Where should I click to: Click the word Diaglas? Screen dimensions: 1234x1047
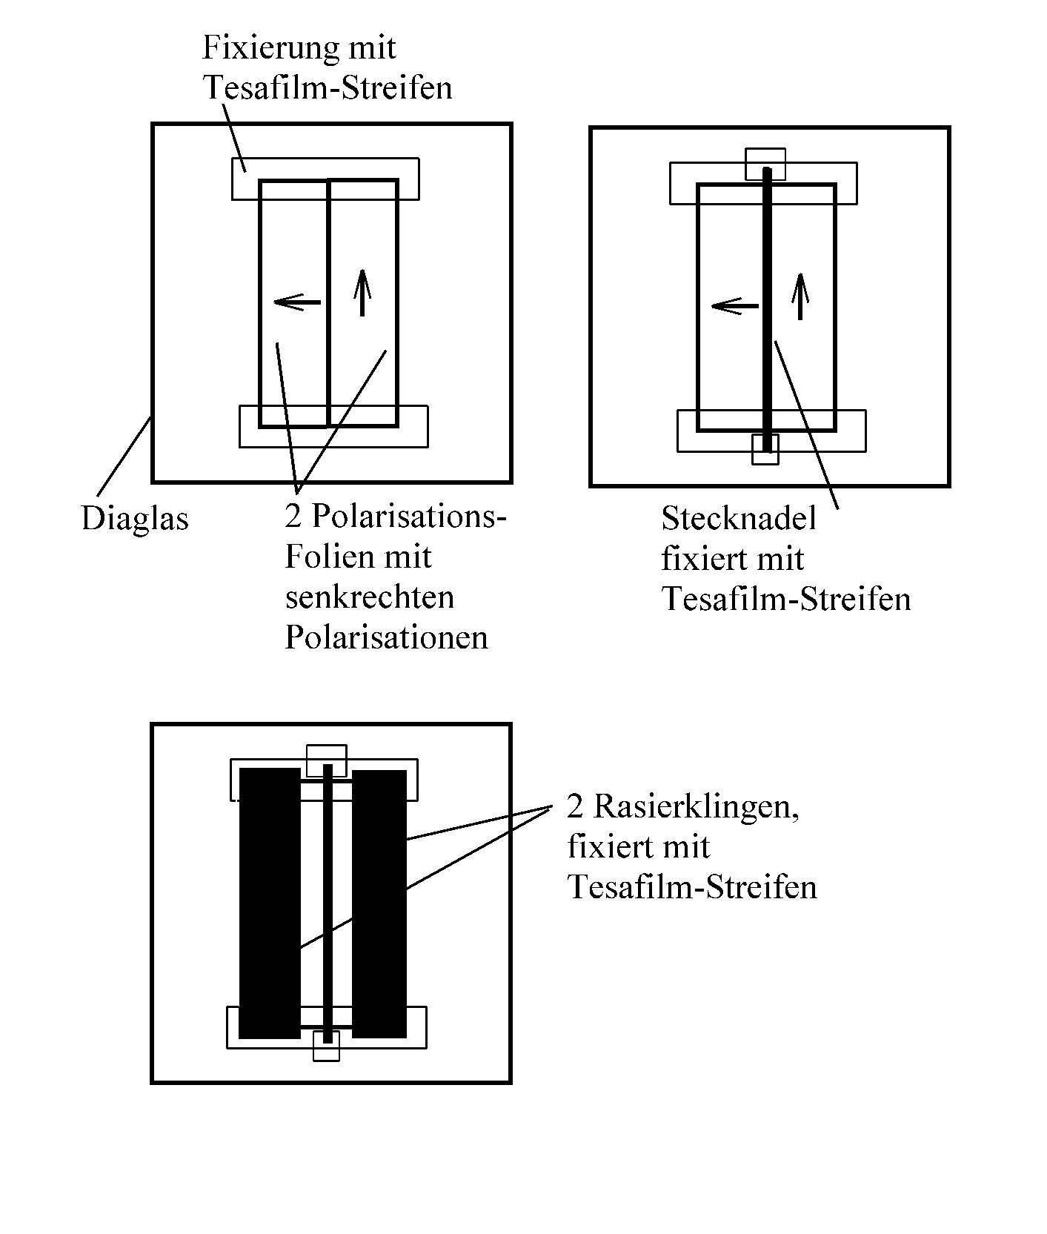135,519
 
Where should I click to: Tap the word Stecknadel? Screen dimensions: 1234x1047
738,519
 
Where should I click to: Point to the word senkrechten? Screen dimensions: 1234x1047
369,597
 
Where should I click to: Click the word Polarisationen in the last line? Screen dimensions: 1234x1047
386,637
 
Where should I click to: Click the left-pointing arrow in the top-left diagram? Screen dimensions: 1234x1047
296,302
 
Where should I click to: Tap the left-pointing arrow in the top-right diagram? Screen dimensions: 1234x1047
734,305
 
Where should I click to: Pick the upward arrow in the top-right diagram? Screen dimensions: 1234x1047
800,296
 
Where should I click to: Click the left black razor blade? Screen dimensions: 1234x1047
270,903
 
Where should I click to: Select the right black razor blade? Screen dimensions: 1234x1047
379,903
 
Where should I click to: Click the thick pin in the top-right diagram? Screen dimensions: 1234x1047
767,311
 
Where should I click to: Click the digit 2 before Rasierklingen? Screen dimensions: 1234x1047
575,806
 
